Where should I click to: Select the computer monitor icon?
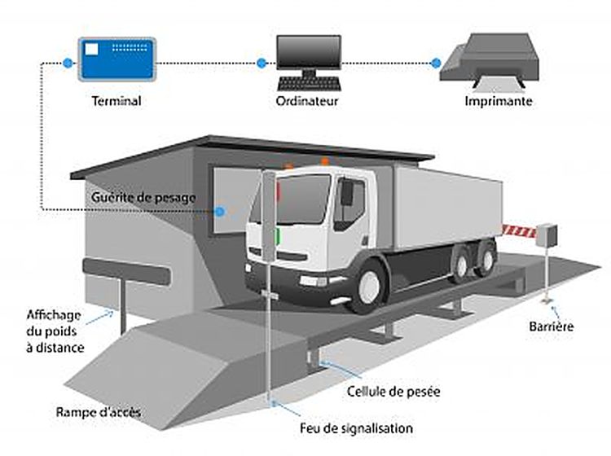tap(307, 52)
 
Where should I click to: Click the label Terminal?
tap(117, 102)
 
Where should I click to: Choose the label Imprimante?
tap(499, 102)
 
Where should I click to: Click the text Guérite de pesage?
tap(143, 198)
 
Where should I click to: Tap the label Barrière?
tap(552, 327)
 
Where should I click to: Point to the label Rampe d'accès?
tap(99, 412)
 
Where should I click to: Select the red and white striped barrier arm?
tap(519, 231)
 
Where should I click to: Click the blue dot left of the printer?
tap(435, 63)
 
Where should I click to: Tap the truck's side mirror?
tap(345, 193)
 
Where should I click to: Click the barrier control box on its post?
tap(547, 235)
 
